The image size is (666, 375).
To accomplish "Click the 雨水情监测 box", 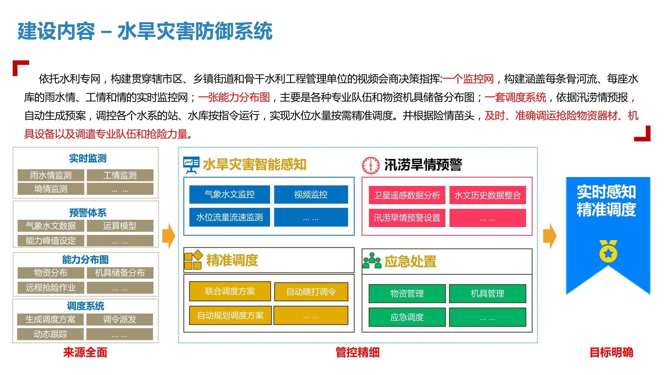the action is [x=51, y=175].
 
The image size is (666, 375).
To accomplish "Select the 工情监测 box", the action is [x=120, y=175].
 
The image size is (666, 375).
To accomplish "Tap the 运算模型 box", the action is [x=120, y=226].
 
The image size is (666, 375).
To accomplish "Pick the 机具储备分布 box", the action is [x=120, y=273].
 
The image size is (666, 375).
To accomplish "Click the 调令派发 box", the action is [x=120, y=320].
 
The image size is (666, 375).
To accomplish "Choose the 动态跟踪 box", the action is [x=50, y=334].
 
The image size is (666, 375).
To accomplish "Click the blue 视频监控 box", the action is [x=311, y=195].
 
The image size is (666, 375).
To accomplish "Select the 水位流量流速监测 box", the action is [x=229, y=217].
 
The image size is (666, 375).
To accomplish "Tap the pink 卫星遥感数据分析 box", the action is [x=407, y=195].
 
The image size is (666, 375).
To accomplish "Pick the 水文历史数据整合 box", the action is [x=488, y=195].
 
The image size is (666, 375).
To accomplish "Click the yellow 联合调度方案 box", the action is [x=230, y=291].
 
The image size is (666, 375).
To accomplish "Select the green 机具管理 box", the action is [x=488, y=294].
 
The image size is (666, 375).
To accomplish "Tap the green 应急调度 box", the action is [x=407, y=317].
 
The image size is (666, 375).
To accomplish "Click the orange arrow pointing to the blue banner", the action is [x=550, y=236].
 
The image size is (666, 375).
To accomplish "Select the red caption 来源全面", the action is [x=85, y=352].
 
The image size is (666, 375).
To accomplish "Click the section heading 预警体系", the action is [x=88, y=213].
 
